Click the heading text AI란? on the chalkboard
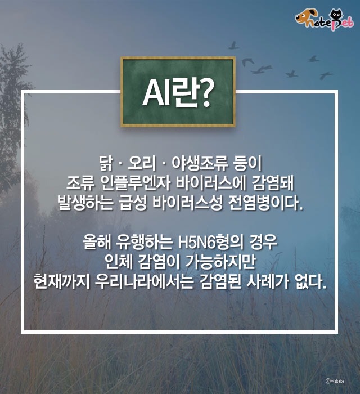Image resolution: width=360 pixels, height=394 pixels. coord(178,93)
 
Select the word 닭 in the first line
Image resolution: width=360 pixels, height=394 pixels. coord(106,164)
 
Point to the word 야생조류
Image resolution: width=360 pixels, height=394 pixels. coord(200,164)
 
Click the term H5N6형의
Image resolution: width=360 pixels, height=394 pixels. coord(210,242)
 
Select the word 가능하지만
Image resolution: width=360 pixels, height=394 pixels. coord(220,262)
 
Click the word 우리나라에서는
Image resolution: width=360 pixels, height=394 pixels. coord(145,281)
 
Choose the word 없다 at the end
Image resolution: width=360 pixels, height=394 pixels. coord(311,281)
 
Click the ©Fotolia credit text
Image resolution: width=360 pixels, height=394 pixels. coord(335,381)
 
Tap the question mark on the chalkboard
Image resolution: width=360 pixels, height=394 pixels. coord(206,93)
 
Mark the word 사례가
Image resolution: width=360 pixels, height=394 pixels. coord(268,281)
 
